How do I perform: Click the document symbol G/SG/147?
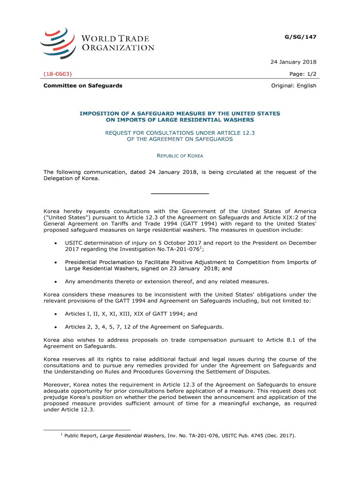[301, 36]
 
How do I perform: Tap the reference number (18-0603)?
[58, 74]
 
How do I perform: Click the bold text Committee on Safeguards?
[83, 86]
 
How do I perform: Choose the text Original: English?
[294, 86]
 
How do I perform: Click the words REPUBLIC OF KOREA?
[180, 156]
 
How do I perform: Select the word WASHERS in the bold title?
[237, 120]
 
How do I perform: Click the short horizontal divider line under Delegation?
[180, 194]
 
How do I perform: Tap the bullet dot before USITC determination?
[56, 244]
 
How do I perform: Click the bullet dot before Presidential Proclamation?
[56, 263]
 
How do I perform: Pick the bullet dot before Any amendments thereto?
[56, 282]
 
